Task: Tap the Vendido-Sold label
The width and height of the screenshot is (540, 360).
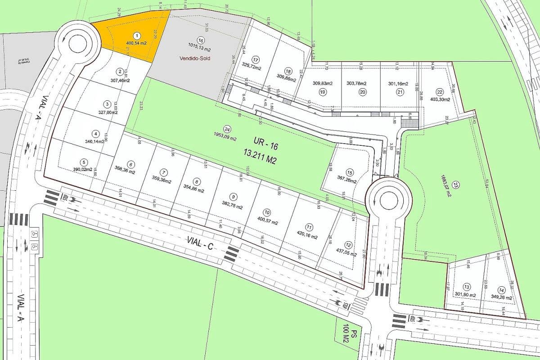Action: click(x=195, y=58)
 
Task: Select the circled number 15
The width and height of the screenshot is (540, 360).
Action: click(x=349, y=172)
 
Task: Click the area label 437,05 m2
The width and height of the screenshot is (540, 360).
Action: click(x=348, y=252)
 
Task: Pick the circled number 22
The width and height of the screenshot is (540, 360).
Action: click(x=440, y=92)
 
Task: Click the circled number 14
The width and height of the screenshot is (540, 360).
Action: click(x=501, y=290)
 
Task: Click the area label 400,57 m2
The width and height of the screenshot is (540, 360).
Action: click(x=268, y=222)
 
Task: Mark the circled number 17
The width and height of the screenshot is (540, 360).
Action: click(x=256, y=60)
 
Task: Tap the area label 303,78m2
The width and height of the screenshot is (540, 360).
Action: click(x=357, y=83)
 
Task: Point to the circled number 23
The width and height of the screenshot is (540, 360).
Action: click(x=455, y=185)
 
